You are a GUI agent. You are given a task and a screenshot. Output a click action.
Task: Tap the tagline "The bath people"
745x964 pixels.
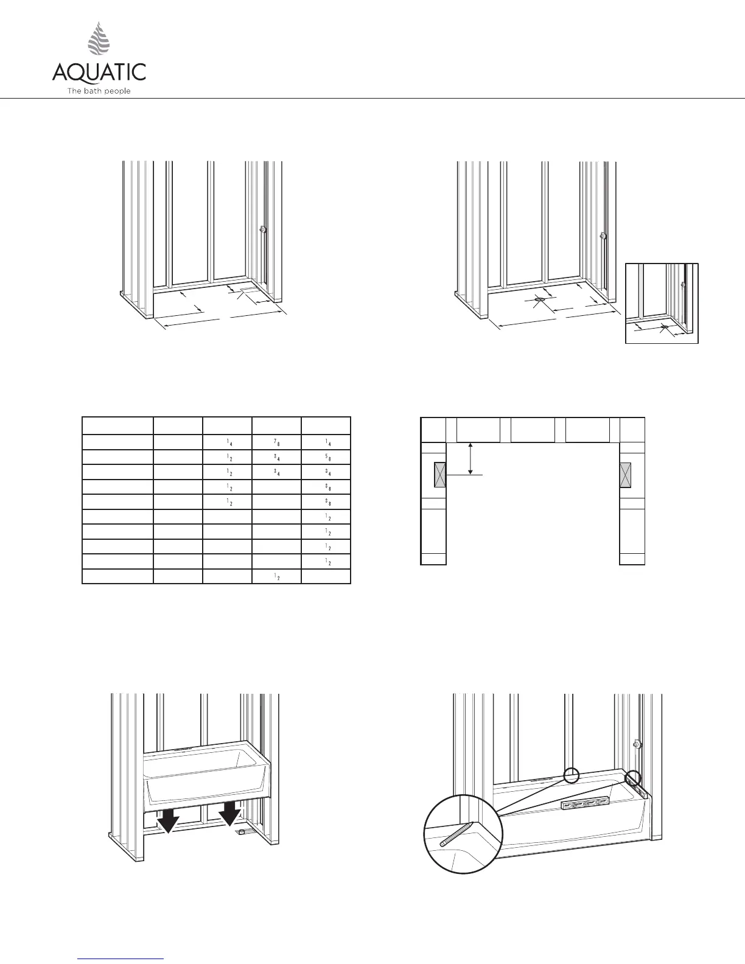(x=99, y=91)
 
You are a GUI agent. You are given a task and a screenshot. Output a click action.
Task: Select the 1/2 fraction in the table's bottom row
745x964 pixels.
(x=276, y=576)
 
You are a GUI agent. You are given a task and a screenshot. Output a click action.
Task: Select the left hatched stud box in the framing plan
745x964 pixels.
(x=440, y=475)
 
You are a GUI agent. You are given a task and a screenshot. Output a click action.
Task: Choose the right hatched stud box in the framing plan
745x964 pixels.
(x=626, y=475)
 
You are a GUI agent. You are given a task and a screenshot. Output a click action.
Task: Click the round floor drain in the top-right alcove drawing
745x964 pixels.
(x=540, y=300)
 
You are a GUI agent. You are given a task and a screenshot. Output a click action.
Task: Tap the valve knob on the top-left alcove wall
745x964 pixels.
(x=263, y=230)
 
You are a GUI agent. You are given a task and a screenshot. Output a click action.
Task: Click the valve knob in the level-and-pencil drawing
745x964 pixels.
(x=635, y=744)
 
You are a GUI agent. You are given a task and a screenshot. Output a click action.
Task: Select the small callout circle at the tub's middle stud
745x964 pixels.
(x=571, y=775)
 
